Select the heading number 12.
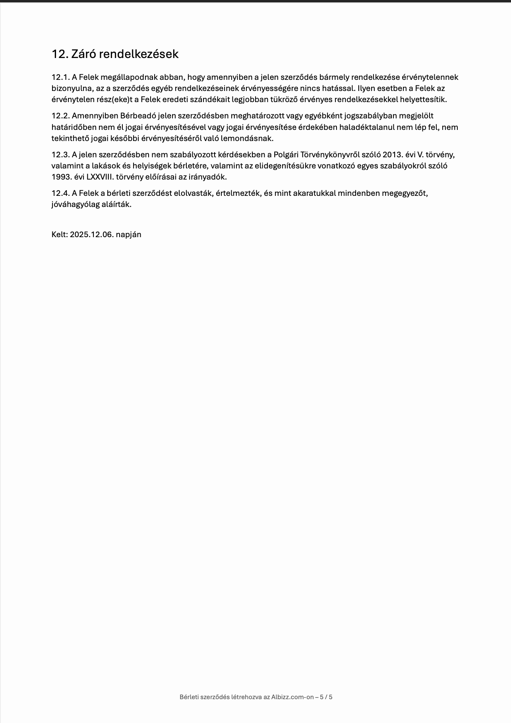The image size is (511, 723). coord(60,54)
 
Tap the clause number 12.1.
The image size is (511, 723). coord(60,77)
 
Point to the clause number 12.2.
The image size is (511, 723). coord(60,116)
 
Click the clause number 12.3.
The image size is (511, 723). coord(60,155)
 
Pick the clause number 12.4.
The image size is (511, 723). coord(60,193)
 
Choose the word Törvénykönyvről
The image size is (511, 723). coord(329,155)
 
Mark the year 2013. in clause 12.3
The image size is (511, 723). coord(393,155)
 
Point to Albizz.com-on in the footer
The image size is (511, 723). coord(292,697)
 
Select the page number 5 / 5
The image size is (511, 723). coord(326,697)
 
